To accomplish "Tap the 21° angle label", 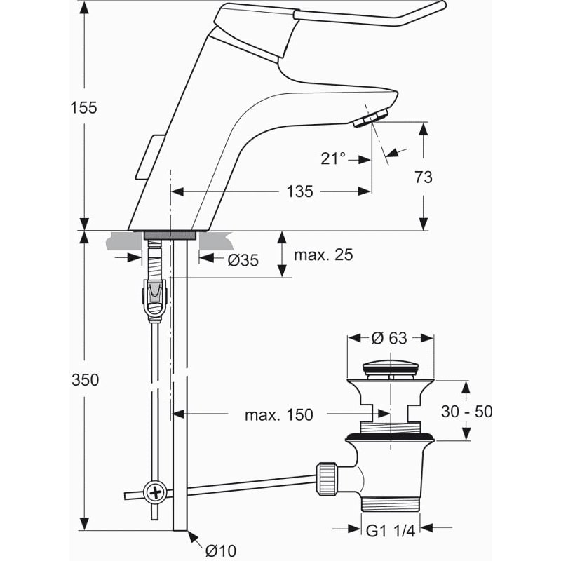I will (334, 158).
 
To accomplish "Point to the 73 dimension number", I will (424, 177).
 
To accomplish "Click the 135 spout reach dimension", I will (299, 191).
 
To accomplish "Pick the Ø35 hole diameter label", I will (243, 260).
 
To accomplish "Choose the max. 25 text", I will (323, 255).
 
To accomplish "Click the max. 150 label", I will (278, 415).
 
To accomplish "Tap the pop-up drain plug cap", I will (389, 367).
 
